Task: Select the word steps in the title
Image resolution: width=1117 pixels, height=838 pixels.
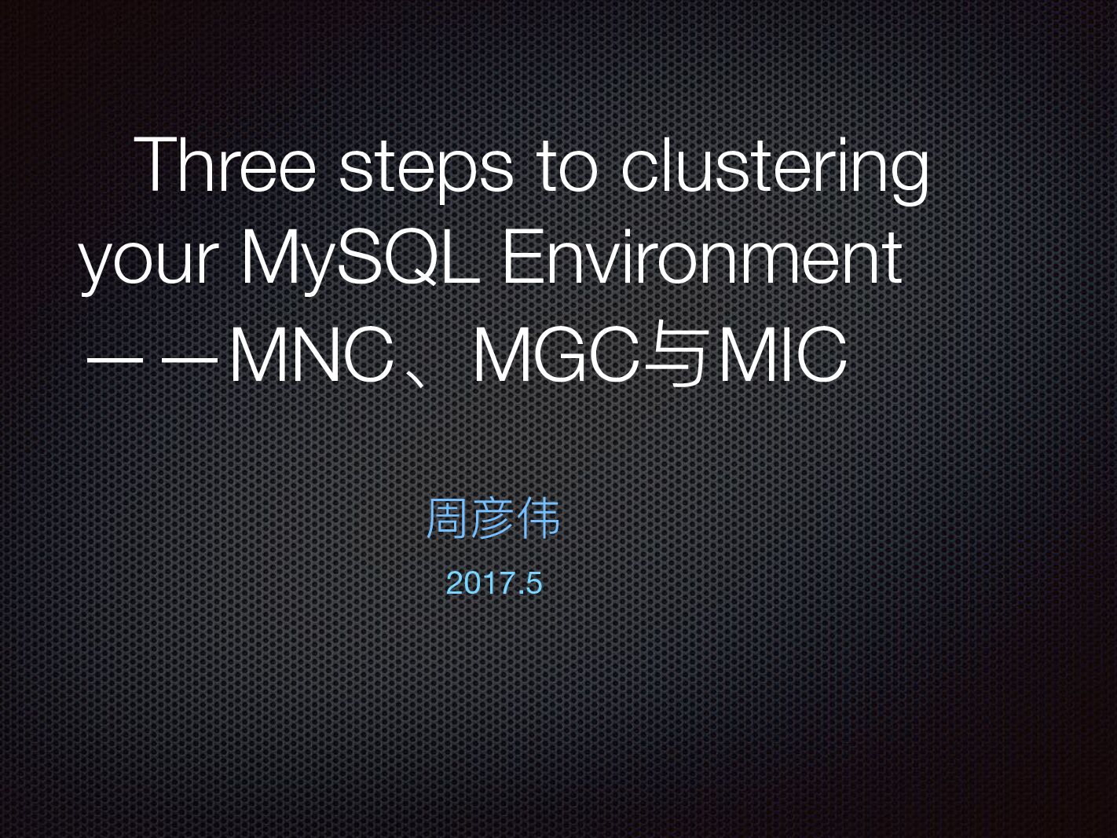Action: tap(425, 167)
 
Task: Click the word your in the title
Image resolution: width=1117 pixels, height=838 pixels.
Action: tap(149, 259)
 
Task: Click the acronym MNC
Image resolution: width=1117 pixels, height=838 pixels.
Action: tap(311, 356)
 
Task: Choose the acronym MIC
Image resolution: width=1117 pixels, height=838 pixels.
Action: tap(782, 356)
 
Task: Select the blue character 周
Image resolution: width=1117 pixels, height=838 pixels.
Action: tap(447, 518)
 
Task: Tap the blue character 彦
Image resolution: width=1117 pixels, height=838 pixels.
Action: tap(493, 518)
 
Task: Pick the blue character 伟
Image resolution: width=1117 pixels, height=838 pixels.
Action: tap(539, 518)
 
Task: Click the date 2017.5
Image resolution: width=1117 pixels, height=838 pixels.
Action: tap(493, 584)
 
